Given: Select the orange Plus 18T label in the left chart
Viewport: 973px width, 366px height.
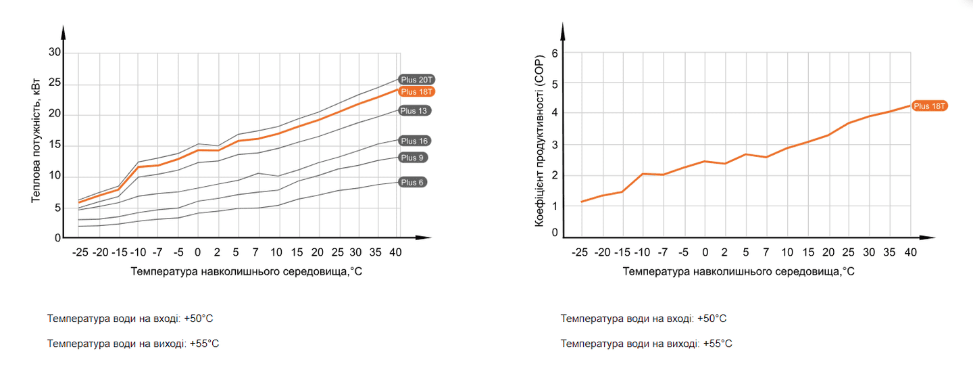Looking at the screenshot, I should (416, 91).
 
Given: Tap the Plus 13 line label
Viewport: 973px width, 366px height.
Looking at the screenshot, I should (414, 110).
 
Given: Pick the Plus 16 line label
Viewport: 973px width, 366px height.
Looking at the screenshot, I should (414, 141).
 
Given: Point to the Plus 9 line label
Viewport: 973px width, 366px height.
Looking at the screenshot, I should (411, 158).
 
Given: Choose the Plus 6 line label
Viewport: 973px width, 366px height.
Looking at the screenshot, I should (411, 182).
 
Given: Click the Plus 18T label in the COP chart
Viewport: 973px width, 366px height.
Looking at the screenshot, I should (930, 106).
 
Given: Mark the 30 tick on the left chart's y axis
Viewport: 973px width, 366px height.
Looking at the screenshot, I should (55, 53).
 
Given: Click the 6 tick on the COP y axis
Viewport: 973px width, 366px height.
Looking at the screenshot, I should (555, 53).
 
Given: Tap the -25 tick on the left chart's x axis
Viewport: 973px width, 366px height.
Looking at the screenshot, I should (80, 252).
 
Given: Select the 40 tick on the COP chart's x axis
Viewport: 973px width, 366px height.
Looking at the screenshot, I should (910, 252).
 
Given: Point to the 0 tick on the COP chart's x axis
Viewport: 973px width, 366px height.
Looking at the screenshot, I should (705, 252).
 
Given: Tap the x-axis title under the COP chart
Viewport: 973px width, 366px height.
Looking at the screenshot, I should (739, 271).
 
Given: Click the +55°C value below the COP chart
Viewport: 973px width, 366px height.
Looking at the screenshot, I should (718, 344).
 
